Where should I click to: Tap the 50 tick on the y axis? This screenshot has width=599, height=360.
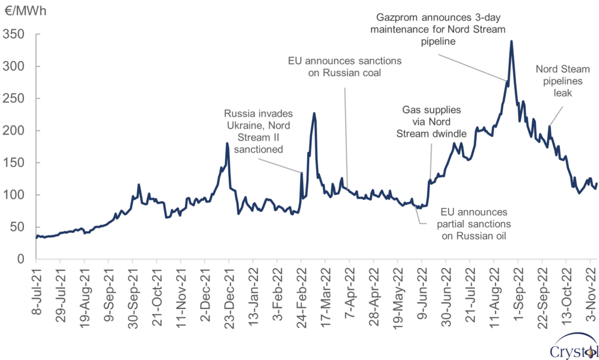point(19,227)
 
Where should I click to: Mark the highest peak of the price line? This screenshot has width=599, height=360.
point(511,41)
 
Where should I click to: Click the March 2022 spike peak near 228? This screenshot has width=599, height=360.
point(314,113)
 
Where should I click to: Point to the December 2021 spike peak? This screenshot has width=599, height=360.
point(227,143)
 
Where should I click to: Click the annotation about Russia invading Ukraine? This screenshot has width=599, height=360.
point(258,131)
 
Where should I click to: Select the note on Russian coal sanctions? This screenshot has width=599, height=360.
point(344,67)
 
